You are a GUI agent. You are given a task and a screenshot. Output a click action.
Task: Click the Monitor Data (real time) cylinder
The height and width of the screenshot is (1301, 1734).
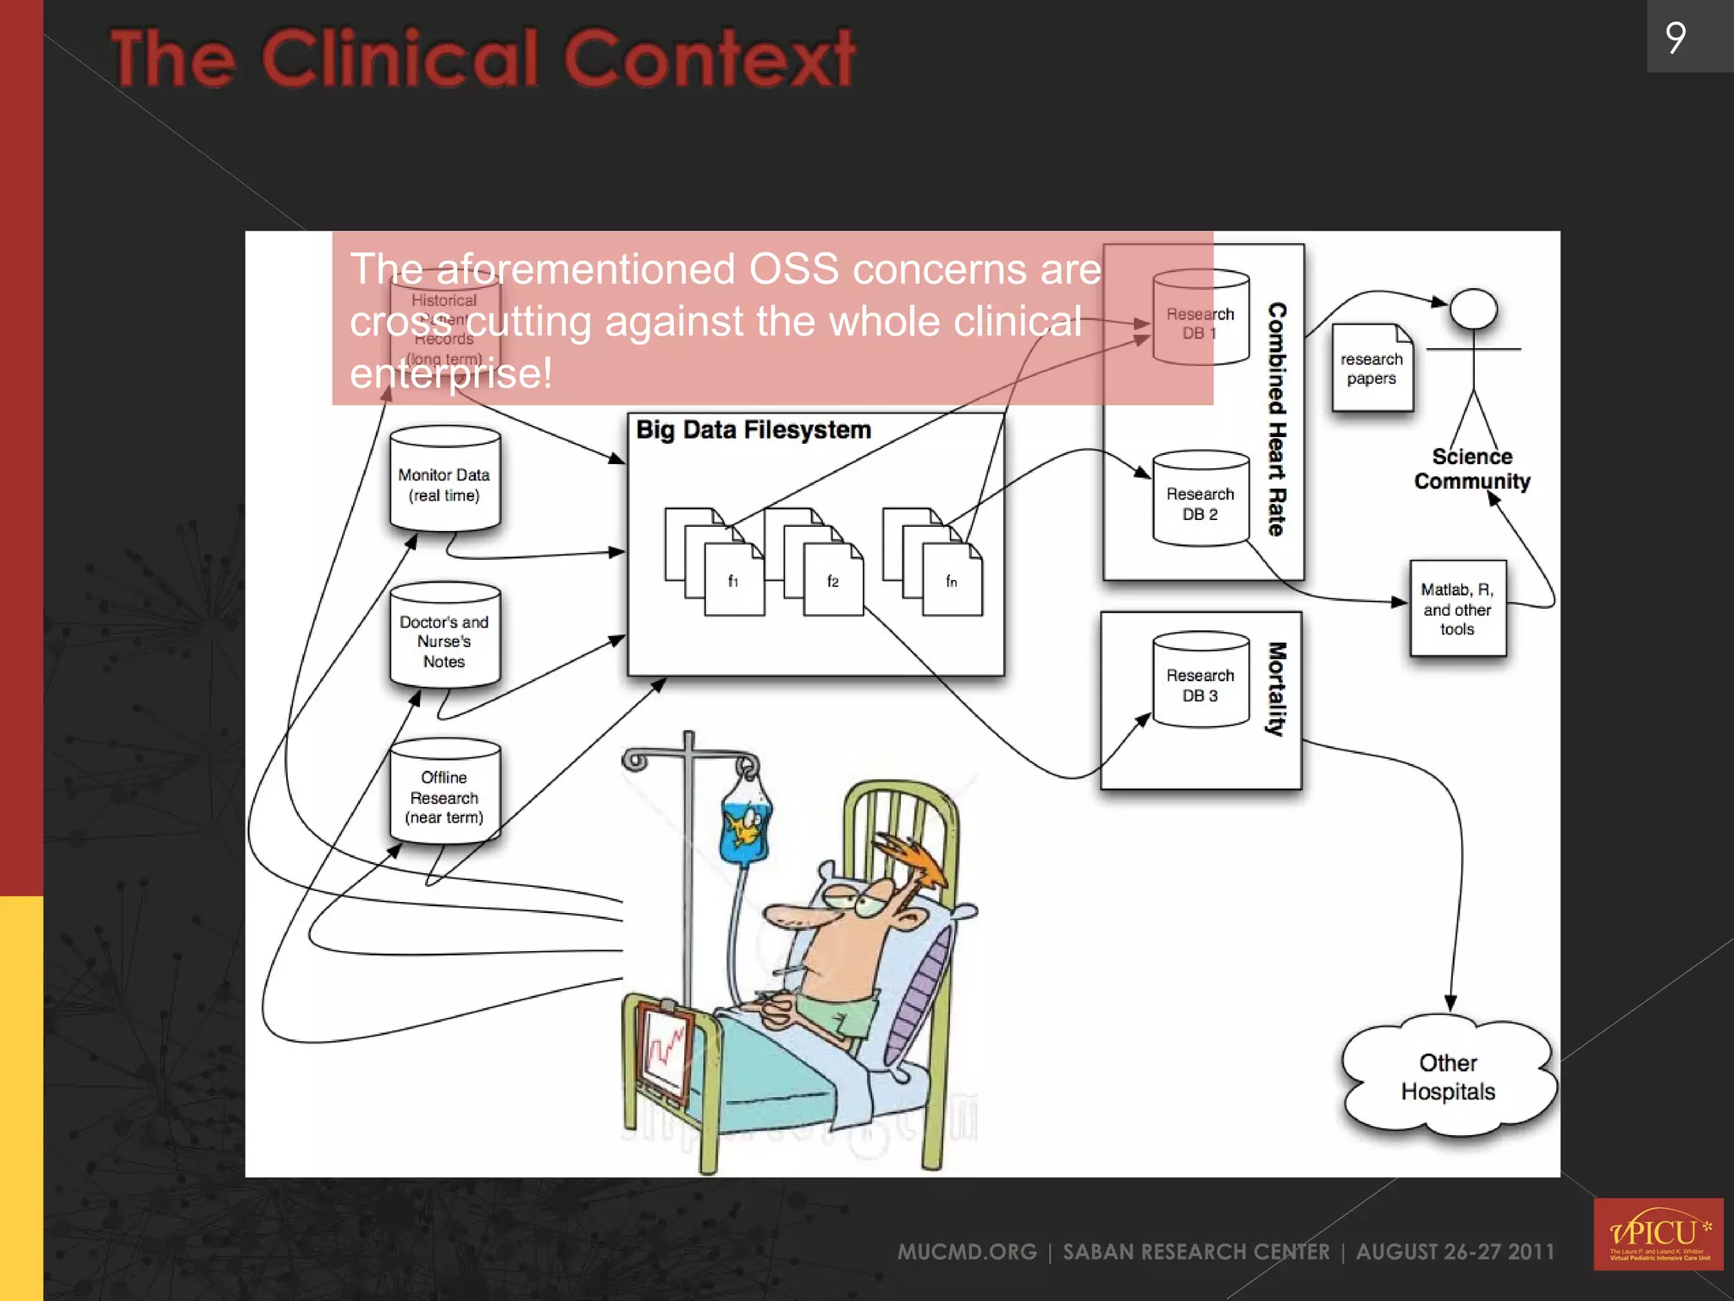point(445,479)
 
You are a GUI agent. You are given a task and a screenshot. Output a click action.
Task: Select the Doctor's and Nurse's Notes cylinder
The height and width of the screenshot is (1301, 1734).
point(445,636)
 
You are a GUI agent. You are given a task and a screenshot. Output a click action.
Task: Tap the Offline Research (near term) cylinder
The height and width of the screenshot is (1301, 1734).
point(445,793)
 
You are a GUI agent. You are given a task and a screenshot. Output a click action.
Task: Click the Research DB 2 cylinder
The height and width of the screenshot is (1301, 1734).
point(1201,499)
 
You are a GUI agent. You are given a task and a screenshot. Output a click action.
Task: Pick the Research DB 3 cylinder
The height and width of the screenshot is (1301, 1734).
point(1201,680)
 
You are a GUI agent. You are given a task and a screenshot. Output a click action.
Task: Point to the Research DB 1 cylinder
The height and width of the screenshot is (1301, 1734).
point(1201,318)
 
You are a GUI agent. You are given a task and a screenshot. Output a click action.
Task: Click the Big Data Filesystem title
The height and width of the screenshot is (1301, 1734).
point(753,430)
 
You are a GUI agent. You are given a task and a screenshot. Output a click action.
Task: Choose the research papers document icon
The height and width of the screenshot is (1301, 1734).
point(1372,368)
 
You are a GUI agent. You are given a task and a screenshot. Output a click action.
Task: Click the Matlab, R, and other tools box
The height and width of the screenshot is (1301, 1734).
point(1457,608)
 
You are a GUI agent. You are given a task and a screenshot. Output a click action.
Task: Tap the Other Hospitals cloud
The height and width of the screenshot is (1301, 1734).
point(1449,1077)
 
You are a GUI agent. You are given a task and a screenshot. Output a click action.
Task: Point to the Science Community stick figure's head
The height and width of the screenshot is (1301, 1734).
point(1473,309)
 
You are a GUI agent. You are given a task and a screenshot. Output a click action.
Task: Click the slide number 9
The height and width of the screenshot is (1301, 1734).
point(1676,37)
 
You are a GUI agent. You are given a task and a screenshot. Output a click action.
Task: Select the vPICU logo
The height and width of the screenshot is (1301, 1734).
point(1658,1234)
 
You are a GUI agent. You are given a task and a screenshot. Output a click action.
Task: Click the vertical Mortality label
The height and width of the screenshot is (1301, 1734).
point(1277,688)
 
